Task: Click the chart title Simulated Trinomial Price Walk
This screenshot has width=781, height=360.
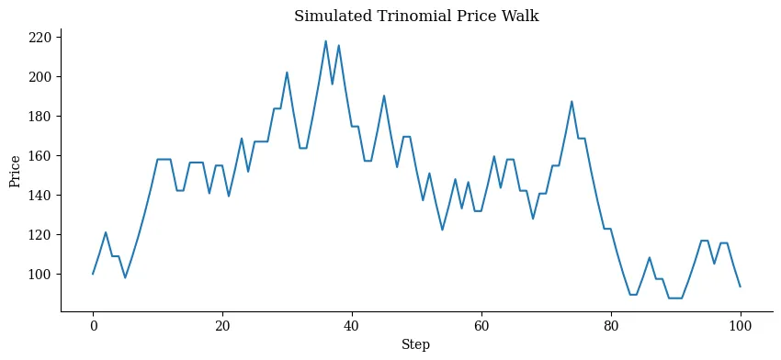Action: pyautogui.click(x=416, y=17)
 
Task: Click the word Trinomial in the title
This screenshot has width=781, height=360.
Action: pyautogui.click(x=413, y=17)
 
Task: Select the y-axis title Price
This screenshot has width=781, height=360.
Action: pyautogui.click(x=16, y=170)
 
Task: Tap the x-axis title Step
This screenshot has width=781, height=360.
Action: pyautogui.click(x=416, y=344)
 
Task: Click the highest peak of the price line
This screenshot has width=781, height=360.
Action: pyautogui.click(x=325, y=40)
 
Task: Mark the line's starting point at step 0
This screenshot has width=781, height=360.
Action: pyautogui.click(x=93, y=274)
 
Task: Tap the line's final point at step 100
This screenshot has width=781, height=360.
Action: pyautogui.click(x=740, y=287)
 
